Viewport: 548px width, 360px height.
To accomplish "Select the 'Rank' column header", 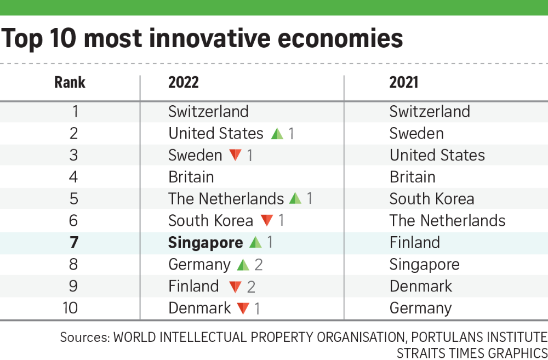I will (x=70, y=83).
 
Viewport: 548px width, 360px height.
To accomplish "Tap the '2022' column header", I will (x=184, y=83).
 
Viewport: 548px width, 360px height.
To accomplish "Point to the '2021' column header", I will (x=404, y=83).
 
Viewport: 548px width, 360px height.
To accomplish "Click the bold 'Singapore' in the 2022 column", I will (x=206, y=243).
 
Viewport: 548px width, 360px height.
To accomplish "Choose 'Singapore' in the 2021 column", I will (x=425, y=265).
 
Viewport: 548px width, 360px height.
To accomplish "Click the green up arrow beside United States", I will (x=277, y=133).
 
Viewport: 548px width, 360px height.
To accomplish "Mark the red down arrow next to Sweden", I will (x=236, y=155).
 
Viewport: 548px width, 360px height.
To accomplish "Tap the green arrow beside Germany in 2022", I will (x=244, y=265).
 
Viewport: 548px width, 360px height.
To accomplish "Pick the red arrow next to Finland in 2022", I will (x=236, y=287).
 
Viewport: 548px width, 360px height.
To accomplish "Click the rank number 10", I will (x=70, y=308).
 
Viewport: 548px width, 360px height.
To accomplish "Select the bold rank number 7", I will (x=74, y=243).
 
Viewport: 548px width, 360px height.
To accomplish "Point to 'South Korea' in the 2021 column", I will (x=432, y=199).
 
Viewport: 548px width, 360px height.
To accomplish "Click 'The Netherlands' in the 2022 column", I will (x=226, y=199).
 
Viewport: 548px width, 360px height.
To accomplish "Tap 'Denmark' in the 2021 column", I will (x=421, y=287).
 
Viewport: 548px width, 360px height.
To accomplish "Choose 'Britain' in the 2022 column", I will (x=191, y=177).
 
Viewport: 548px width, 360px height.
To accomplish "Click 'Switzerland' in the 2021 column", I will (x=430, y=111).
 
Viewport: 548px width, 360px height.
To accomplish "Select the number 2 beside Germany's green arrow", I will (x=259, y=265).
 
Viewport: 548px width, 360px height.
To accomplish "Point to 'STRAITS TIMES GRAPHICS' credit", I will (x=472, y=352).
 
